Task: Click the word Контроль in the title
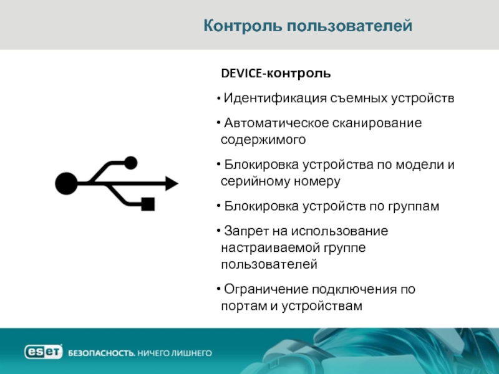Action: point(243,26)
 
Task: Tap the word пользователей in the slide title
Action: point(350,26)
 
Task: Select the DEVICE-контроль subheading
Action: point(276,74)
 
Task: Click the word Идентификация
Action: point(275,98)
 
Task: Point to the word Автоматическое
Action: point(276,123)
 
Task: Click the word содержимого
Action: point(263,140)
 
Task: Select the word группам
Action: point(414,207)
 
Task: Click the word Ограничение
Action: point(266,289)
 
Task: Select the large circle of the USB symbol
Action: point(67,183)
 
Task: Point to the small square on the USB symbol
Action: point(148,204)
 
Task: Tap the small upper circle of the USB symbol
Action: point(130,163)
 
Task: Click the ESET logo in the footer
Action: point(43,352)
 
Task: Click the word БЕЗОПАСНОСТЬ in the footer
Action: point(102,353)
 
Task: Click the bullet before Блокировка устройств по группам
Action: point(219,206)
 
